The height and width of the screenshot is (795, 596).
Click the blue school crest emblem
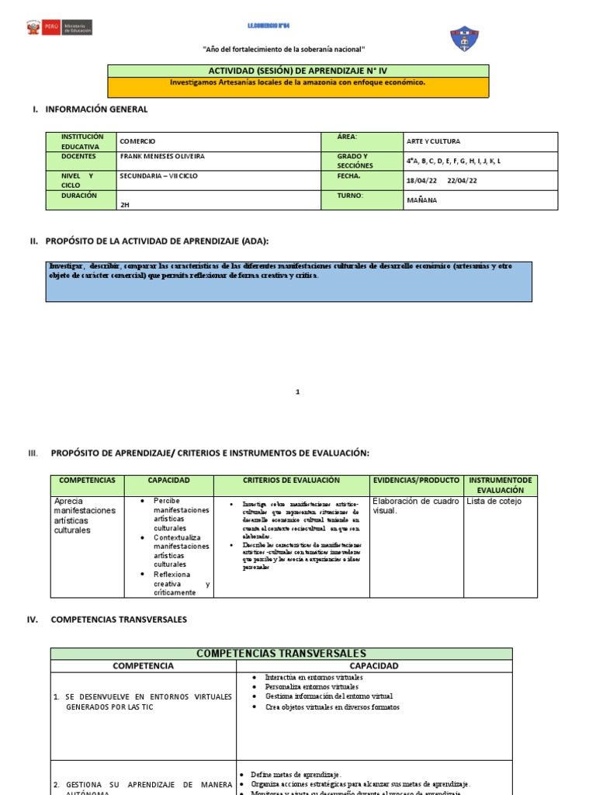pyautogui.click(x=464, y=38)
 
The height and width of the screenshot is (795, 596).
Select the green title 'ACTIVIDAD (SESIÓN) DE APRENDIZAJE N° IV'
pyautogui.click(x=298, y=71)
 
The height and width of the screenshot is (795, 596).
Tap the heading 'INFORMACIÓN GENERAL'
pyautogui.click(x=96, y=109)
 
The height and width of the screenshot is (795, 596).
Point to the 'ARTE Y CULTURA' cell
pyautogui.click(x=433, y=141)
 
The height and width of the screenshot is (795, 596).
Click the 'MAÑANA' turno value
pyautogui.click(x=421, y=200)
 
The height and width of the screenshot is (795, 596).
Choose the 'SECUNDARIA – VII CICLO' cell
pyautogui.click(x=159, y=175)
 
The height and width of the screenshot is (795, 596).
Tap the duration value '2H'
pyautogui.click(x=125, y=205)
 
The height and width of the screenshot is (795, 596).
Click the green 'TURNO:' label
pyautogui.click(x=351, y=196)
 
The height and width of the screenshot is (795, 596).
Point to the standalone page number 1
pyautogui.click(x=297, y=392)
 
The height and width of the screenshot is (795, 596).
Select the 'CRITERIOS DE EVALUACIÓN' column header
pyautogui.click(x=291, y=481)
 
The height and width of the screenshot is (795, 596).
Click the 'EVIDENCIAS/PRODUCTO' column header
pyautogui.click(x=416, y=481)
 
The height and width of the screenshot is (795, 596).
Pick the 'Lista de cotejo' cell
pyautogui.click(x=494, y=502)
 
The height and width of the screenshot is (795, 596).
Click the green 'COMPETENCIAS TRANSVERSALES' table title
pyautogui.click(x=281, y=654)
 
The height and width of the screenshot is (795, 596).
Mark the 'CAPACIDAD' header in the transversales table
pyautogui.click(x=374, y=666)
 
